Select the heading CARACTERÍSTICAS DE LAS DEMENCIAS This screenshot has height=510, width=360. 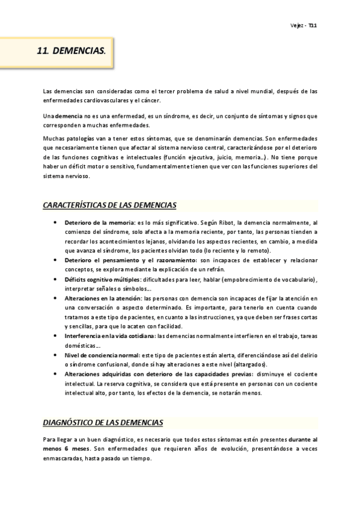click(x=109, y=206)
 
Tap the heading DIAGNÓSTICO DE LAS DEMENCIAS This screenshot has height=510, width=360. click(x=103, y=423)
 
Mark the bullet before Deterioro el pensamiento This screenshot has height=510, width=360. click(x=55, y=260)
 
